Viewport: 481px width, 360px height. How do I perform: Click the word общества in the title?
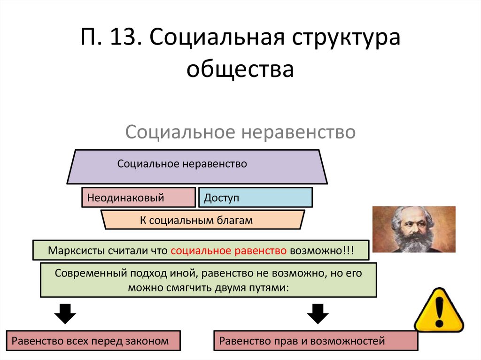(240, 69)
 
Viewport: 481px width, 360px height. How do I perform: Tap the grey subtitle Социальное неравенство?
(240, 132)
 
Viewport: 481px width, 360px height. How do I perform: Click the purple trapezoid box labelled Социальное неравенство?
(197, 167)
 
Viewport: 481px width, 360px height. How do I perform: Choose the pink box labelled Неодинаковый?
(138, 198)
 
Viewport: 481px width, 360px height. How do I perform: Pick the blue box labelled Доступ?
(255, 198)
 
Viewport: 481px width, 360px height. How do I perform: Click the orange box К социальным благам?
(203, 220)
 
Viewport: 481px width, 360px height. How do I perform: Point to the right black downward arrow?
(318, 314)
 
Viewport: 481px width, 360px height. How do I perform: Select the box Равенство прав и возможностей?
(316, 341)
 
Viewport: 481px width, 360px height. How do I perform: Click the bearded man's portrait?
(413, 230)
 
